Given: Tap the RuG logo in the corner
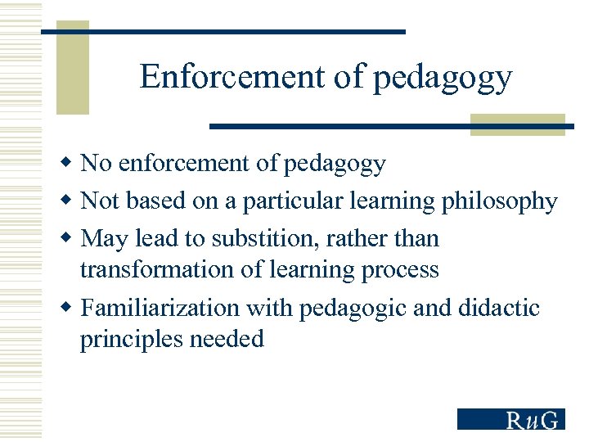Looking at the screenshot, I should tap(510, 418).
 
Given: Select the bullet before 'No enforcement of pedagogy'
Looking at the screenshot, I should tap(70, 163).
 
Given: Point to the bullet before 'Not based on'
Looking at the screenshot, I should tap(70, 201).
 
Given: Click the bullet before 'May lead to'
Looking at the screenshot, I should tap(70, 238).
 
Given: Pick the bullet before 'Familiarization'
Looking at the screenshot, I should tap(70, 308).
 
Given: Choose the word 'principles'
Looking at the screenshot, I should tap(133, 339).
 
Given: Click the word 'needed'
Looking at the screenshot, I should tap(228, 339).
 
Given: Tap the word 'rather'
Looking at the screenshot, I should tap(368, 239).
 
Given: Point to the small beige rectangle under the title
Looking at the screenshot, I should tap(517, 124).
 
